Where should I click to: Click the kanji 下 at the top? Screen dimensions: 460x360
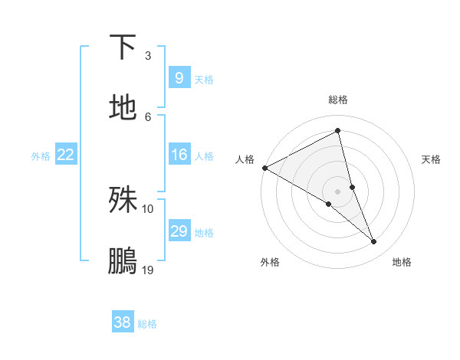[x=123, y=47]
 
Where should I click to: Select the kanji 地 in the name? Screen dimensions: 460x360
[x=123, y=108]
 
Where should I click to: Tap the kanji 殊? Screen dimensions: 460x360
[x=123, y=201]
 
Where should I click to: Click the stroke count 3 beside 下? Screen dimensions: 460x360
[x=148, y=55]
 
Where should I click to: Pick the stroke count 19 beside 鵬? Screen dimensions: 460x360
[x=148, y=270]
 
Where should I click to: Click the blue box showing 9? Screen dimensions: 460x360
[x=179, y=78]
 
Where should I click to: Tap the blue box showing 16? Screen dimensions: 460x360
[x=179, y=155]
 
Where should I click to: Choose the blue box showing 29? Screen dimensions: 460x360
[x=179, y=231]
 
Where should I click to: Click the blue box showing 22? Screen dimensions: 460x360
[x=65, y=155]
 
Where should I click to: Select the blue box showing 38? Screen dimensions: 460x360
[x=122, y=323]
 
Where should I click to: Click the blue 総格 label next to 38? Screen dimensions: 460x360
[x=147, y=324]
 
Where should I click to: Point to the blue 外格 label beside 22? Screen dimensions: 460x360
[x=41, y=155]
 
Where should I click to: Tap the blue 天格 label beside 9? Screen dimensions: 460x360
[x=204, y=79]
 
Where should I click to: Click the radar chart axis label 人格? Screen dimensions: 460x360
[x=245, y=159]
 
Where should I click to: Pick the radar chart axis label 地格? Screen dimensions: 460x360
[x=402, y=262]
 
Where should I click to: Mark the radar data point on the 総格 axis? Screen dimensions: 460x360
[x=337, y=131]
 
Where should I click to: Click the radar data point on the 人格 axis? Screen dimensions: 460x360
[x=264, y=168]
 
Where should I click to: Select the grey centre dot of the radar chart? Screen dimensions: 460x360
[x=337, y=191]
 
